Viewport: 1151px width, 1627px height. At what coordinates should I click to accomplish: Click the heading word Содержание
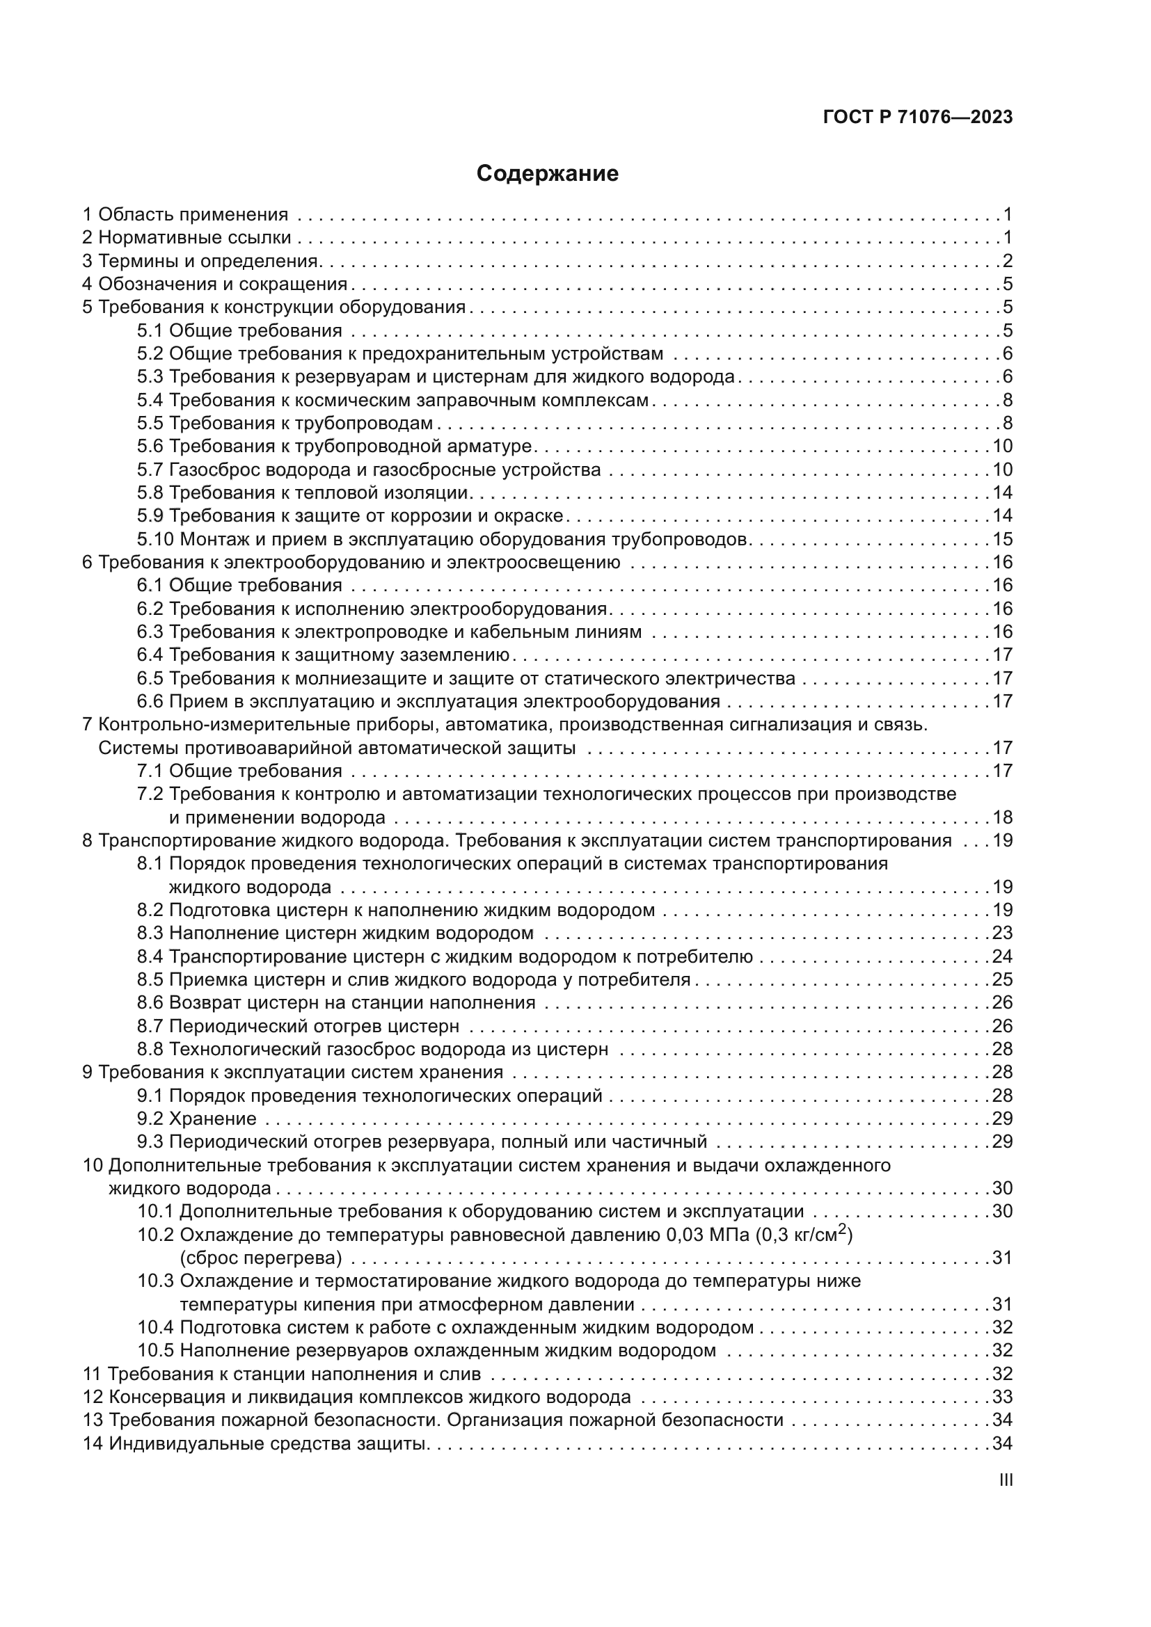click(x=547, y=174)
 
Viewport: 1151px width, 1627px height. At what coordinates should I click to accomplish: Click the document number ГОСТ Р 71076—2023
click(x=918, y=118)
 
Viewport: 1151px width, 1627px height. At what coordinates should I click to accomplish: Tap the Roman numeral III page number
click(x=1005, y=1480)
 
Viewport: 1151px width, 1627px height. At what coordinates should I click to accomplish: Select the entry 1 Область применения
click(x=185, y=214)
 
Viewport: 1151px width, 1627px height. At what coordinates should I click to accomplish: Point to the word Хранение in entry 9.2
click(x=213, y=1119)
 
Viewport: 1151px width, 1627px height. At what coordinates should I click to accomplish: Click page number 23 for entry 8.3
click(x=1002, y=933)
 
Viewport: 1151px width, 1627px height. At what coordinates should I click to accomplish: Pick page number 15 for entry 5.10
click(x=1002, y=539)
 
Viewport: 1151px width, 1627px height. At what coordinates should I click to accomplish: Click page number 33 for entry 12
click(x=1002, y=1397)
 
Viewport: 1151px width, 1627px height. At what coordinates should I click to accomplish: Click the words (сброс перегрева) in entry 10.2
click(x=261, y=1258)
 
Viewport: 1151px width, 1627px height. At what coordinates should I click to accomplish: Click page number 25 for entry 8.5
click(x=1002, y=979)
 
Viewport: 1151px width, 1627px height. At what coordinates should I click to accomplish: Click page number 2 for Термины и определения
click(x=1007, y=261)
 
